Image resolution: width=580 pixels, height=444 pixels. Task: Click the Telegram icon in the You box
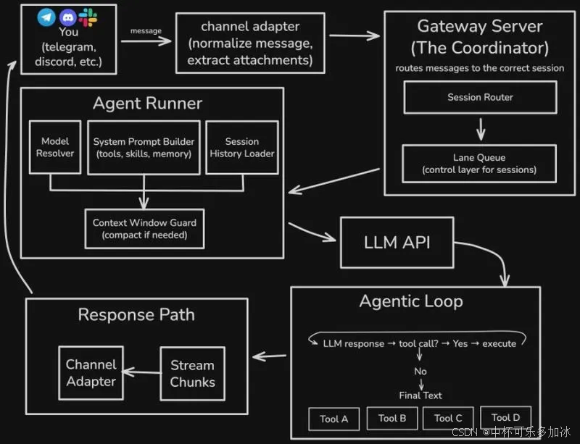point(47,17)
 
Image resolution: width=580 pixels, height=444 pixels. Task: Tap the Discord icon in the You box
point(68,17)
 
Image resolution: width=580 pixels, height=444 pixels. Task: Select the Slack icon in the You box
point(88,17)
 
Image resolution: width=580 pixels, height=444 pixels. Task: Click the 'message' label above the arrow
point(145,30)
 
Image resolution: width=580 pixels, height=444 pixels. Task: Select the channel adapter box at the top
point(250,43)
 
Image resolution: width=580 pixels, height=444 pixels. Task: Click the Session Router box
point(480,97)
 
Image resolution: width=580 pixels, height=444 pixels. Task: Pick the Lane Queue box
point(480,163)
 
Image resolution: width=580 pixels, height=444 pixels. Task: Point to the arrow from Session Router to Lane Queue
point(480,129)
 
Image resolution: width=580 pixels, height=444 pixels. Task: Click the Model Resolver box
point(55,147)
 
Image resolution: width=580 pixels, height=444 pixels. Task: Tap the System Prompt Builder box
point(144,147)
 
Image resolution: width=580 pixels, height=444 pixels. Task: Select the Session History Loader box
point(242,147)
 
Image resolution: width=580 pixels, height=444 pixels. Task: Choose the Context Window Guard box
point(144,228)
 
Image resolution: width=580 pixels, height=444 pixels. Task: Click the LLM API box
point(397,242)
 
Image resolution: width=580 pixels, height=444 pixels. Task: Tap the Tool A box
point(334,419)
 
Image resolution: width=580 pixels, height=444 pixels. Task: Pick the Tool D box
point(505,417)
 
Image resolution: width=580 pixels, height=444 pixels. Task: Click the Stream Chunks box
point(192,374)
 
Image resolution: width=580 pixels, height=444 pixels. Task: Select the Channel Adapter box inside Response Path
point(91,373)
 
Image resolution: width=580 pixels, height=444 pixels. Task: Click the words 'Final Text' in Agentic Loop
point(420,395)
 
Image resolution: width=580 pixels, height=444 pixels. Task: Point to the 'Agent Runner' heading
point(147,104)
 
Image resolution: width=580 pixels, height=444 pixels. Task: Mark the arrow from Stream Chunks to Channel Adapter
point(140,372)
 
